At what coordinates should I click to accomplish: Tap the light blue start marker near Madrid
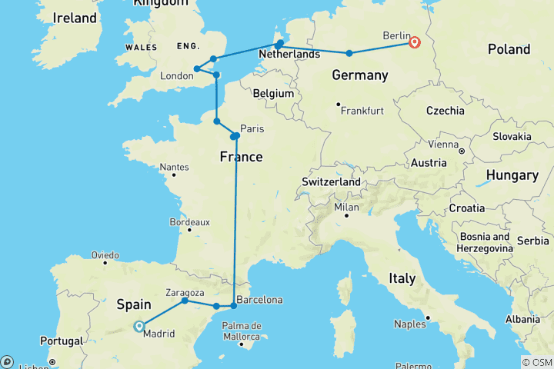pos(138,326)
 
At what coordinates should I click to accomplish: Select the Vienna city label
pos(442,144)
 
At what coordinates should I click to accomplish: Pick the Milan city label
pos(345,208)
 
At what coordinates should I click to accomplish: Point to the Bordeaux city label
pos(189,221)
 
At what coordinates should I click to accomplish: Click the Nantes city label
pos(174,167)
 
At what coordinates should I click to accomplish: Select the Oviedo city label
pos(105,254)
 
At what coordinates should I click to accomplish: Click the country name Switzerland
pos(332,182)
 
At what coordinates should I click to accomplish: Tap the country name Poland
pos(509,49)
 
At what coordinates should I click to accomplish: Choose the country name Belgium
pos(274,93)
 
